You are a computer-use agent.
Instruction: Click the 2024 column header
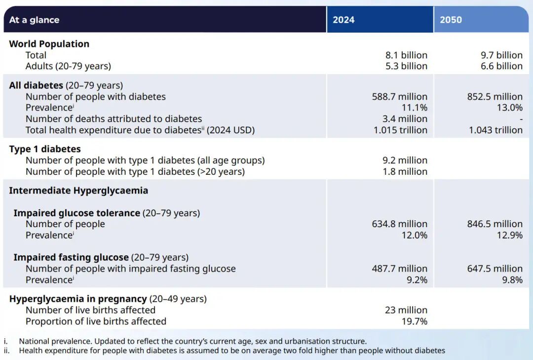click(x=343, y=20)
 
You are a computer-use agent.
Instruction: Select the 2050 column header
click(x=451, y=20)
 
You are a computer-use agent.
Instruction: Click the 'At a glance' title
click(x=34, y=20)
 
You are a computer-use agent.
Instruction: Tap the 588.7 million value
click(x=400, y=97)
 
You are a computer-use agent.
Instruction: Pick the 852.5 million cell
click(x=495, y=97)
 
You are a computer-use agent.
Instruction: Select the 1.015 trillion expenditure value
click(x=400, y=130)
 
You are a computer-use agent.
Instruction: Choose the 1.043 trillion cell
click(x=495, y=130)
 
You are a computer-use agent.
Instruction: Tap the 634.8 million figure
click(x=400, y=224)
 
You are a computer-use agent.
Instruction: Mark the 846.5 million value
click(x=495, y=224)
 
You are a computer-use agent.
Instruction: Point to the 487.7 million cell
click(x=400, y=269)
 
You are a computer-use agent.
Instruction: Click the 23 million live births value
click(x=406, y=310)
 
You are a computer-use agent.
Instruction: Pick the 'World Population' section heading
click(x=49, y=44)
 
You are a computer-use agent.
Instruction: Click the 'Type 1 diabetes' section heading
click(x=45, y=149)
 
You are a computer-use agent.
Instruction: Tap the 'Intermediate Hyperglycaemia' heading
click(x=78, y=191)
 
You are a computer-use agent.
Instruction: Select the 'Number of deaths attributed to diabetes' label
click(x=114, y=119)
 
